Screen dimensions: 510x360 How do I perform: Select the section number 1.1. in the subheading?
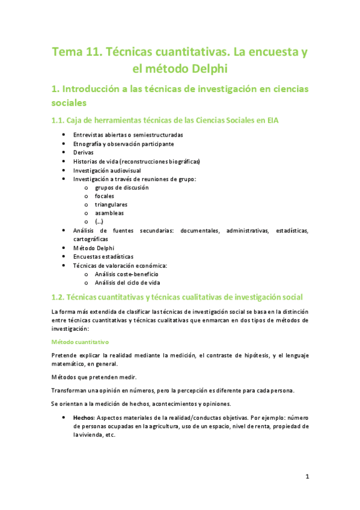pyautogui.click(x=61, y=120)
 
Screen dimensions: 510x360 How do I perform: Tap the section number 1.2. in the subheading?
pyautogui.click(x=61, y=297)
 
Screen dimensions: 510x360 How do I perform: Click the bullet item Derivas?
pyautogui.click(x=84, y=153)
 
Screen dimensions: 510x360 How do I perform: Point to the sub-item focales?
pyautogui.click(x=105, y=196)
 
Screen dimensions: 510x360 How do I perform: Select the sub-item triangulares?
pyautogui.click(x=111, y=204)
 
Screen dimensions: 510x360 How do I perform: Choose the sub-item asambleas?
pyautogui.click(x=109, y=213)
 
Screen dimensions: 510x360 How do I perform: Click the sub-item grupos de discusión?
pyautogui.click(x=122, y=188)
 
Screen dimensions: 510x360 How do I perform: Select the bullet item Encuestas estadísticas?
pyautogui.click(x=103, y=257)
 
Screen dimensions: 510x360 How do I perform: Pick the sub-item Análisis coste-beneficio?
pyautogui.click(x=127, y=274)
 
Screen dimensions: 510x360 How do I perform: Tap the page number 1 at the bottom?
pyautogui.click(x=307, y=477)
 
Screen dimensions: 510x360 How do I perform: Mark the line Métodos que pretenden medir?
pyautogui.click(x=94, y=377)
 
